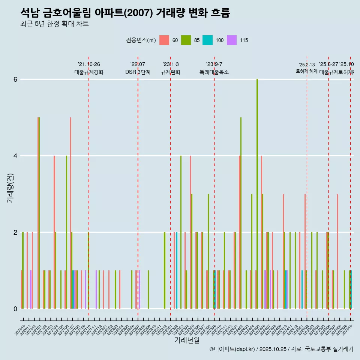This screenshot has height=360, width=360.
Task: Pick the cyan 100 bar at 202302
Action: tap(177, 270)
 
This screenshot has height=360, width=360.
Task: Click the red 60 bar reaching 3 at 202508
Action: tap(337, 251)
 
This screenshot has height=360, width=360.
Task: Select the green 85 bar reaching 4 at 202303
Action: tap(181, 232)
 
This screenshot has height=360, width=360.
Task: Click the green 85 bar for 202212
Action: tap(165, 270)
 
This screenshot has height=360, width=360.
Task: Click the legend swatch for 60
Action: tap(164, 40)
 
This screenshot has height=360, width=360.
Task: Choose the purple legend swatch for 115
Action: tap(232, 40)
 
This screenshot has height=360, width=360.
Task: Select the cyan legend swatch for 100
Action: tap(207, 40)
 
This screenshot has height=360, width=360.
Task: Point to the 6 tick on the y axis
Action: tap(15, 79)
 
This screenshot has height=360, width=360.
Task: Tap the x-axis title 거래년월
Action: tap(187, 340)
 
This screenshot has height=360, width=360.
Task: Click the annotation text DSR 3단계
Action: tap(138, 72)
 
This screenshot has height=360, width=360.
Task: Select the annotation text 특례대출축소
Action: tap(214, 72)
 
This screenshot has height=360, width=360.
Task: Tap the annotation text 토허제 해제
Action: tap(307, 71)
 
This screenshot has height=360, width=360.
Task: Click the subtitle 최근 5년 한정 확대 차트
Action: tap(54, 24)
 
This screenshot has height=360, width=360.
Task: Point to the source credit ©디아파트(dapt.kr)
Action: tap(232, 349)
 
